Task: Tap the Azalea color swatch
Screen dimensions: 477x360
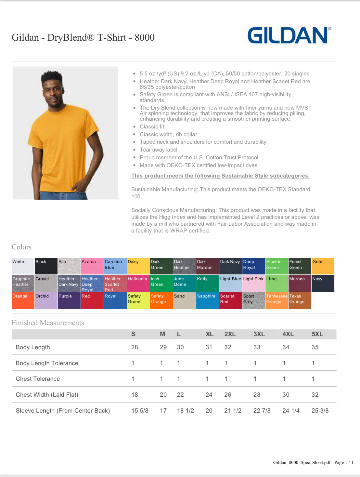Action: pos(92,266)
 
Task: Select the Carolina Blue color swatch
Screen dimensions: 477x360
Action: pos(115,266)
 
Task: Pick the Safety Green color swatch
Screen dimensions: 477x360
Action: pos(138,300)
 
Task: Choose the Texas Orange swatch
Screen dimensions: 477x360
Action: pos(300,300)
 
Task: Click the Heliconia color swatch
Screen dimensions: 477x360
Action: pos(138,283)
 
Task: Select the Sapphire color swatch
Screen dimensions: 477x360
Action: pos(207,300)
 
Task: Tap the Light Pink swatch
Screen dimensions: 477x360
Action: pos(253,283)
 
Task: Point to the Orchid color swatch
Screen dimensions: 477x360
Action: pos(46,300)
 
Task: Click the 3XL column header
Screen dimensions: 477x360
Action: pos(259,334)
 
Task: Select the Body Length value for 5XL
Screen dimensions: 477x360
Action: pos(315,347)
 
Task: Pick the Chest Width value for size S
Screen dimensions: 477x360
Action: pos(135,395)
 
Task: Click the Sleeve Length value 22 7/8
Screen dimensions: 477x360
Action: pos(262,411)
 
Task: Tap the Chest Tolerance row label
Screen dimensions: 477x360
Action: pos(38,379)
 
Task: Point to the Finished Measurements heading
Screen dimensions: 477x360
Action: pos(48,323)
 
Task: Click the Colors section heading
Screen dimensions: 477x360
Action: pos(21,247)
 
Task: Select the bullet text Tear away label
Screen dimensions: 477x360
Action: pos(158,150)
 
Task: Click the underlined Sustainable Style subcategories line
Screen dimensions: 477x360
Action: pos(220,176)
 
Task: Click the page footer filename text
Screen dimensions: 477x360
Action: pos(313,462)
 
